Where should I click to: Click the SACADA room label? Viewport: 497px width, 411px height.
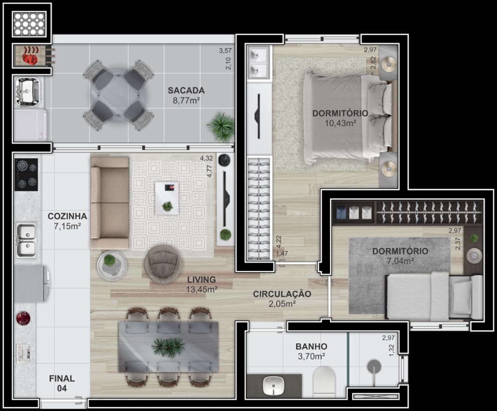click(x=186, y=91)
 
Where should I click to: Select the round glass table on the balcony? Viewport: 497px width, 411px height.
click(x=118, y=95)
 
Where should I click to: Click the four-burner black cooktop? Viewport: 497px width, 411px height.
click(x=26, y=174)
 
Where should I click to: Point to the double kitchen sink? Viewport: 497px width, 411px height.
click(x=26, y=240)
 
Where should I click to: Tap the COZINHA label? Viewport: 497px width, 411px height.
click(x=67, y=216)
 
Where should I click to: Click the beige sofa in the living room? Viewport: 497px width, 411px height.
click(x=110, y=203)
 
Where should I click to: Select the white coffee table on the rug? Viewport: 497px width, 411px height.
click(x=167, y=198)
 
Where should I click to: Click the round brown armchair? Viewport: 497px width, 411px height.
click(x=163, y=264)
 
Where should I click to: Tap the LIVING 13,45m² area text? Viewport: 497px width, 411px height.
click(x=201, y=285)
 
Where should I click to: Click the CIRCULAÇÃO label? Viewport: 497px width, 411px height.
click(x=282, y=294)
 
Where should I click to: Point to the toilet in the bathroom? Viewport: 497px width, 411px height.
click(x=324, y=382)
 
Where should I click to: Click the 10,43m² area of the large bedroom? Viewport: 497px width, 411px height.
click(x=340, y=123)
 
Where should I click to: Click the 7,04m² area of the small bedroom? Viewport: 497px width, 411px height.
click(x=400, y=261)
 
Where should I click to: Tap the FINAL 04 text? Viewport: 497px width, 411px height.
click(x=62, y=383)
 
